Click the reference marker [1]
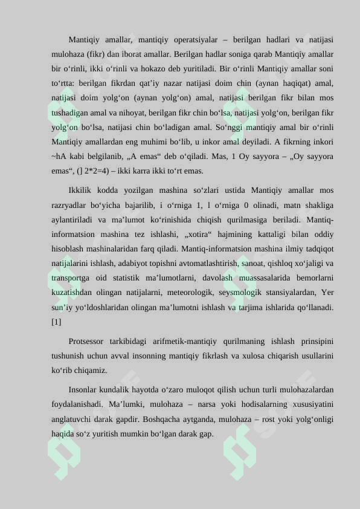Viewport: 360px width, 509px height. (x=56, y=322)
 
